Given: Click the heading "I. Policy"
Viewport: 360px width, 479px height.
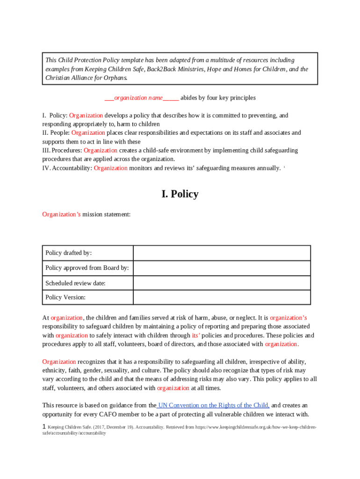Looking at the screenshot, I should (x=180, y=194).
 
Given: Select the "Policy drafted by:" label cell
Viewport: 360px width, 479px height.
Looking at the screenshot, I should (x=68, y=253).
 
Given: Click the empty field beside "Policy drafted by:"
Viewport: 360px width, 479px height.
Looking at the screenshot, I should (x=222, y=253).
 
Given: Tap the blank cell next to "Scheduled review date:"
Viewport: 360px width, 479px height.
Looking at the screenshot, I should (x=222, y=283).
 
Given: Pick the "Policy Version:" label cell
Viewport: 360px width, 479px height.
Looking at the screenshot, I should (x=65, y=298).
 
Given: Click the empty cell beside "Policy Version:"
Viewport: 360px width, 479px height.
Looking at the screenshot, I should (x=222, y=298).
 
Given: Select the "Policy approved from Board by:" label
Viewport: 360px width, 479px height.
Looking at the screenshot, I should (x=87, y=268).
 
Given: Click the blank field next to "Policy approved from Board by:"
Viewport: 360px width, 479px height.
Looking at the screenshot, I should (x=222, y=268).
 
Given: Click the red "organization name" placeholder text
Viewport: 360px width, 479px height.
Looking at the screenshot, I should (x=138, y=98).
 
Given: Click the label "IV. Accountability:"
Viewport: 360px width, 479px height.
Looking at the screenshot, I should (x=67, y=168).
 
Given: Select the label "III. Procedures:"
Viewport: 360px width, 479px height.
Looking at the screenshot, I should (x=62, y=151).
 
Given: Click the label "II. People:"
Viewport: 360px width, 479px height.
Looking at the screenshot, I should (x=56, y=133).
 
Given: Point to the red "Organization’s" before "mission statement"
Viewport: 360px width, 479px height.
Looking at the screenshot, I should (x=61, y=214).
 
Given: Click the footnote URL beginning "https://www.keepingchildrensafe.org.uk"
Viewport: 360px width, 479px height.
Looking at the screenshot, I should (x=255, y=428).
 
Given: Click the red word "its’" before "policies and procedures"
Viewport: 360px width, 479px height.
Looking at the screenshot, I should (x=196, y=335).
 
